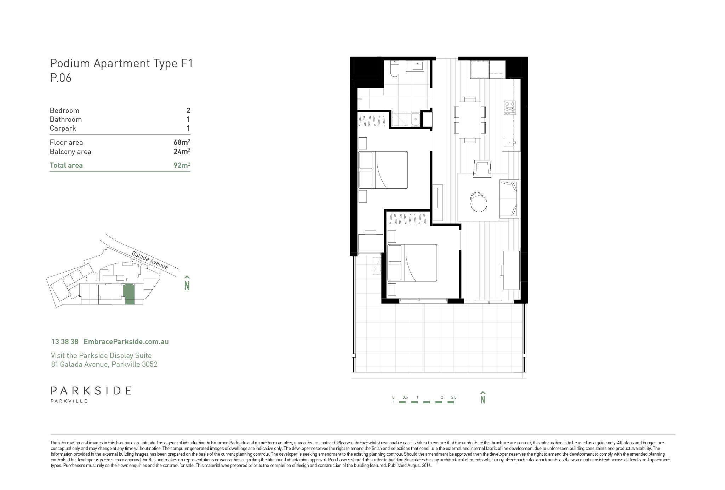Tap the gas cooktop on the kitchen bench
510,107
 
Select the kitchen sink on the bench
510,142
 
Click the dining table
470,120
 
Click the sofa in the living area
509,199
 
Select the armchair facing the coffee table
482,168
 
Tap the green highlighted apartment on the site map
129,294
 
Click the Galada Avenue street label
150,260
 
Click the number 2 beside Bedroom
188,110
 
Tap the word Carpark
63,129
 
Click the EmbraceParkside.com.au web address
126,342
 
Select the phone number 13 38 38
65,342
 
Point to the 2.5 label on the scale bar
453,397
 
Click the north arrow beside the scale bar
483,397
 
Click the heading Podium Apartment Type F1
121,63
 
